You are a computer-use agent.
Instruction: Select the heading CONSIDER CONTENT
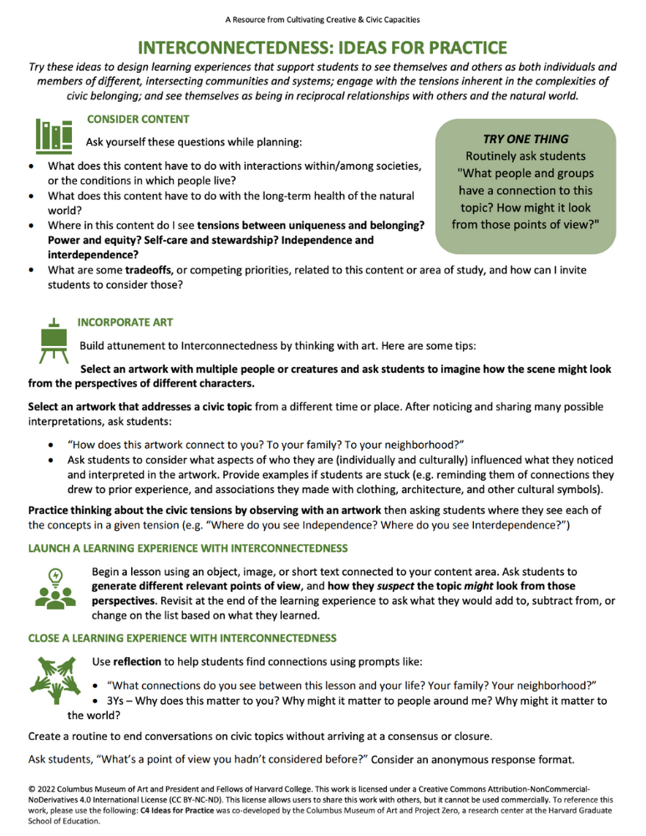138,120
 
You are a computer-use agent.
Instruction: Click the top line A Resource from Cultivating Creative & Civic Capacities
323,18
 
